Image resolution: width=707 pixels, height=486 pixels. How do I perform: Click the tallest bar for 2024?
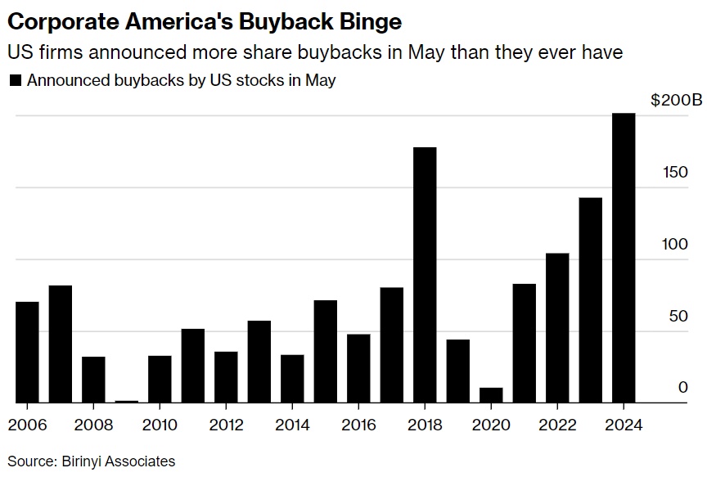624,258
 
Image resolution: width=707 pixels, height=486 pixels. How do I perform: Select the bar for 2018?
425,275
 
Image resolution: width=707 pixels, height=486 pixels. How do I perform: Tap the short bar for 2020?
491,395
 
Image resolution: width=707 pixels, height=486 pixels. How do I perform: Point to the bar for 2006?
27,352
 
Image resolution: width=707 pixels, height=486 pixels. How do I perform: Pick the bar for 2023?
590,300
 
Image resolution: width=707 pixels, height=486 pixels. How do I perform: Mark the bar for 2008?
93,380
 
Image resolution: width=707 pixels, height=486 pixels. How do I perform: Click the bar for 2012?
226,377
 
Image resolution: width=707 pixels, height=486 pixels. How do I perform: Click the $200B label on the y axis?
676,101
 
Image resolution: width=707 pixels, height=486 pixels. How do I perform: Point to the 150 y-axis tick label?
676,173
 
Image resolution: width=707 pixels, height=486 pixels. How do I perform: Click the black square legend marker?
14,81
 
